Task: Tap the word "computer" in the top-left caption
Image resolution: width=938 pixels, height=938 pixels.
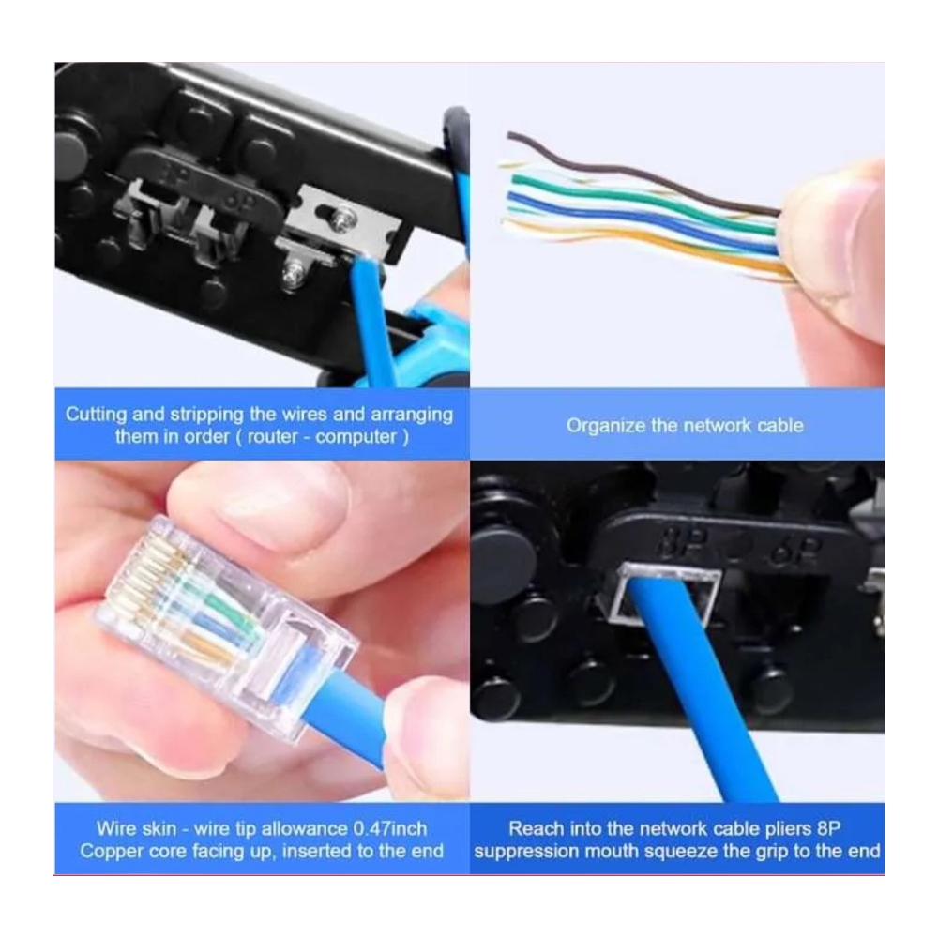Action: click(x=356, y=437)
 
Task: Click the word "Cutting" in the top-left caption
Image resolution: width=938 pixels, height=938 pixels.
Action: click(x=97, y=415)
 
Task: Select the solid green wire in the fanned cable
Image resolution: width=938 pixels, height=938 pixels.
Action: click(x=640, y=201)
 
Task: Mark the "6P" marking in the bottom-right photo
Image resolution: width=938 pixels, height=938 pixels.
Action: click(x=795, y=545)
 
